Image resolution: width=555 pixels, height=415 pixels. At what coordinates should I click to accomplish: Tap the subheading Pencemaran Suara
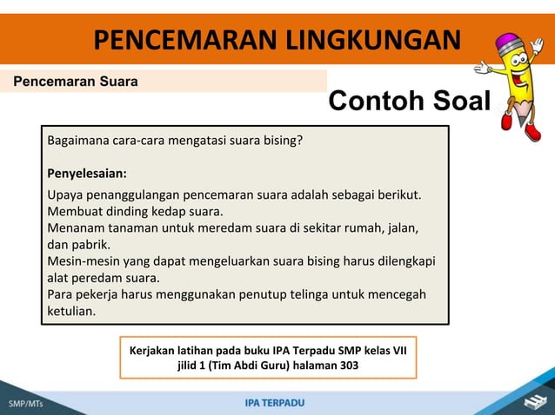[x=75, y=82]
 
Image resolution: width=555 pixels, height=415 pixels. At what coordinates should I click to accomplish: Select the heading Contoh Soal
[x=409, y=102]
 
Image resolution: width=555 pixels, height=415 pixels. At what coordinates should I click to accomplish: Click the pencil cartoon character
[x=513, y=82]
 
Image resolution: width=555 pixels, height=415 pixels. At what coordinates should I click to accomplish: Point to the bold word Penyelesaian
[x=87, y=172]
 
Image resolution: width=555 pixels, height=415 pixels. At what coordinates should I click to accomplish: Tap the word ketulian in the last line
[x=72, y=311]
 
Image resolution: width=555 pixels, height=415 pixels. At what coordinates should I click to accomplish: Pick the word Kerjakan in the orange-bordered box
[x=155, y=350]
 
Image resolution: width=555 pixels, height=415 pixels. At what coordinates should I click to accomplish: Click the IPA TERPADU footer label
[x=275, y=403]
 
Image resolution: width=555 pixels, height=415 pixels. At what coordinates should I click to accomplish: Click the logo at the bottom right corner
[x=532, y=401]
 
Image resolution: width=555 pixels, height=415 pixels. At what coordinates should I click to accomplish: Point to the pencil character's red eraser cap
[x=507, y=41]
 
